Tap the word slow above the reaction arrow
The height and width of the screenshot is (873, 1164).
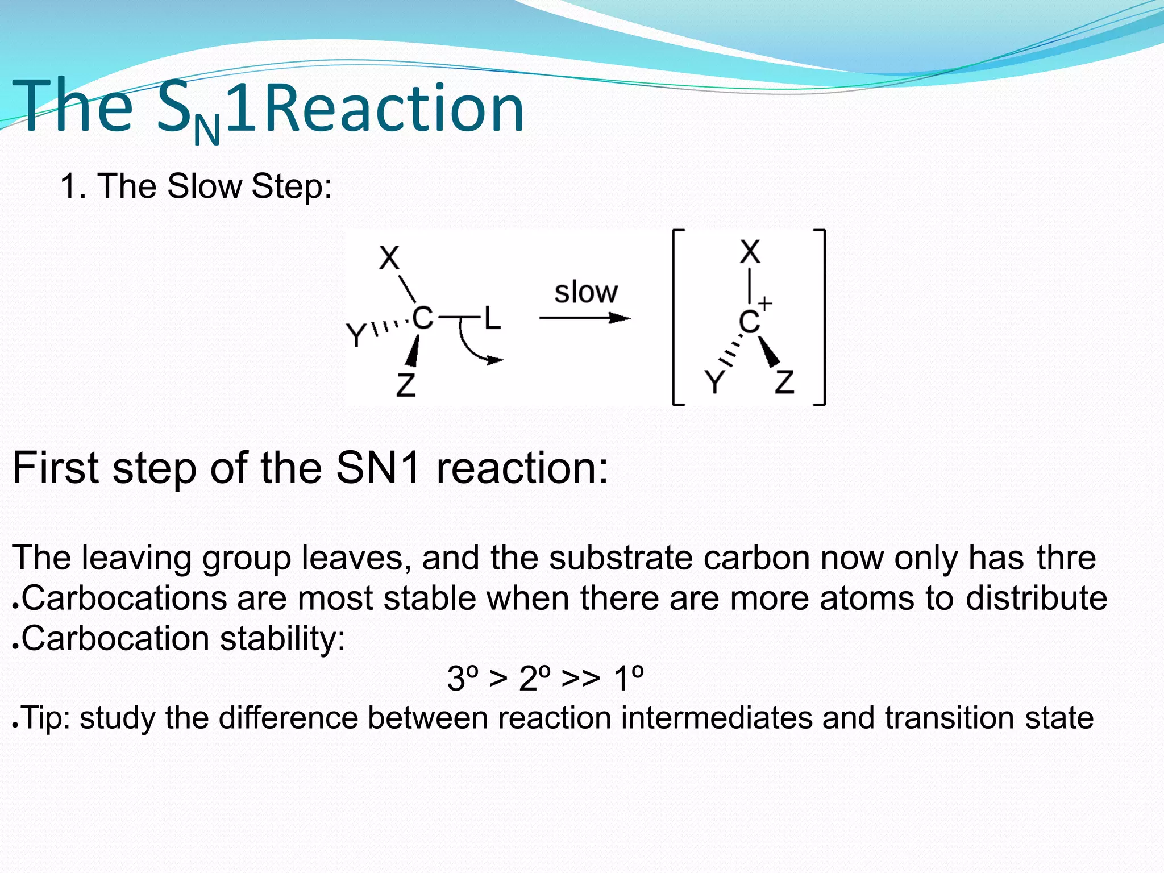click(585, 292)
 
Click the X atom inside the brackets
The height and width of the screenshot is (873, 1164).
click(750, 251)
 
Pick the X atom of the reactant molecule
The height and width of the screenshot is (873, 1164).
click(389, 258)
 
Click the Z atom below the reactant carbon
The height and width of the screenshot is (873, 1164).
click(406, 385)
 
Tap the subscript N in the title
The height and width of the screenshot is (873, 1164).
click(206, 131)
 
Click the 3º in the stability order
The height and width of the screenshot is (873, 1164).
click(463, 678)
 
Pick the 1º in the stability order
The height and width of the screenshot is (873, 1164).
click(629, 678)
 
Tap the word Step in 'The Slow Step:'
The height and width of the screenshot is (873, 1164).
click(290, 186)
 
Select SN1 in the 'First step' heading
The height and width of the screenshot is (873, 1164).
click(378, 468)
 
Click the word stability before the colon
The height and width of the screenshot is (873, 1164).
click(282, 638)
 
